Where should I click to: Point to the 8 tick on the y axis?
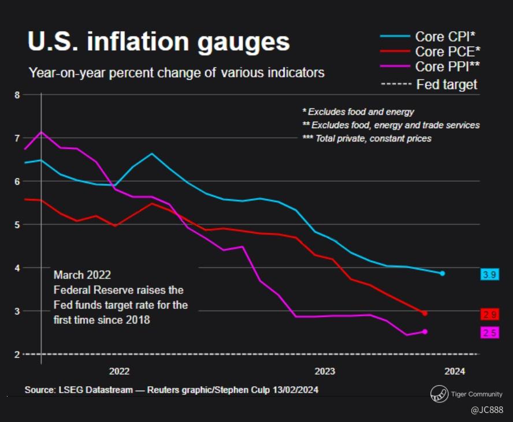17,95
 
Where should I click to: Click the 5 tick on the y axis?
17,225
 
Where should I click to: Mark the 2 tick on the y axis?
17,354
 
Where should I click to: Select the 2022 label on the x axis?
118,371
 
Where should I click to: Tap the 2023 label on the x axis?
325,371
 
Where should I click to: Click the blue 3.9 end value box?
489,275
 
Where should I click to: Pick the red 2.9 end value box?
489,314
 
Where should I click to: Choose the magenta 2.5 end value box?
489,332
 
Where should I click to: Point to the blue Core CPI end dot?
443,273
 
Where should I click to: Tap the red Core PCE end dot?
425,313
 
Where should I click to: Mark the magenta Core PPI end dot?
425,331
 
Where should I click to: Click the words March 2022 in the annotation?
82,275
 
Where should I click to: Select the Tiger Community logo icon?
438,394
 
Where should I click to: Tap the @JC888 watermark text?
486,410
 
